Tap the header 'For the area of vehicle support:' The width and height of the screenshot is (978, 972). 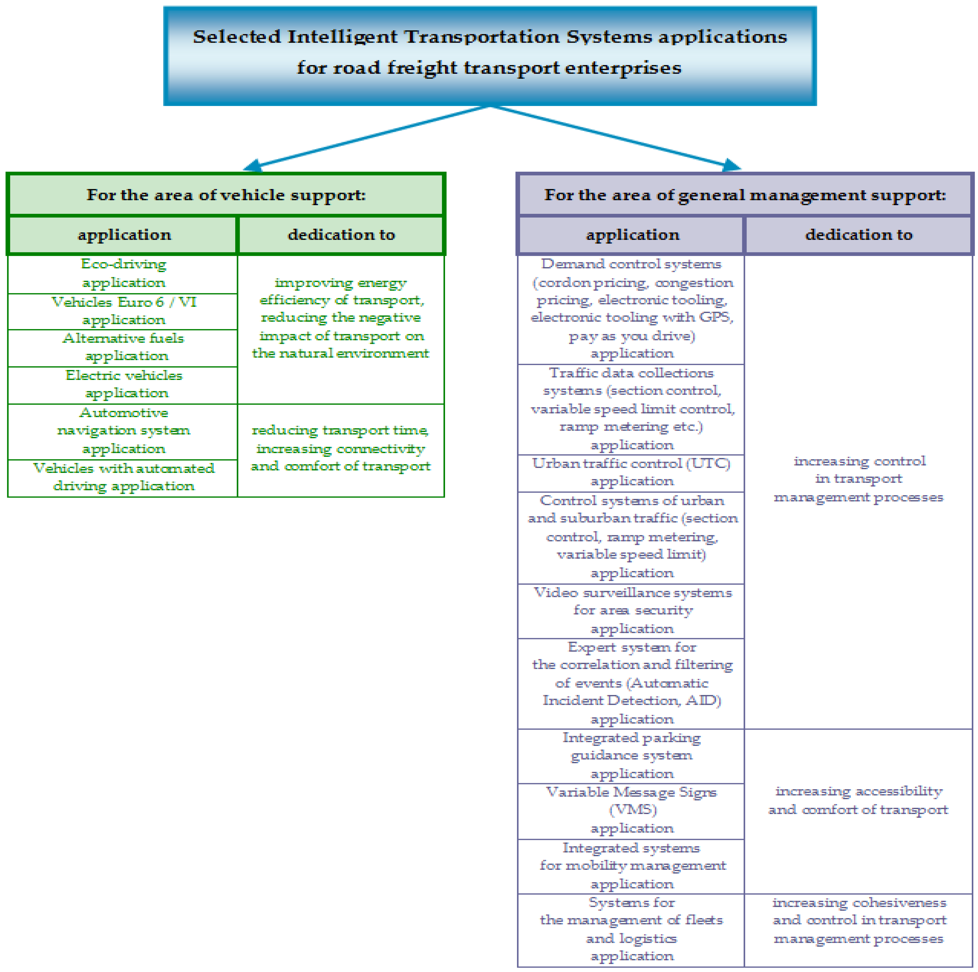pyautogui.click(x=226, y=195)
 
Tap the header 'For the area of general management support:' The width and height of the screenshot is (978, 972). pyautogui.click(x=745, y=195)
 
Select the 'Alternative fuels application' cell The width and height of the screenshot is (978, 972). pyautogui.click(x=123, y=348)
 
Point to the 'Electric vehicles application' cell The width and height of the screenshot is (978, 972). pyautogui.click(x=123, y=385)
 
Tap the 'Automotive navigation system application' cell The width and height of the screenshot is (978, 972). pyautogui.click(x=123, y=431)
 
